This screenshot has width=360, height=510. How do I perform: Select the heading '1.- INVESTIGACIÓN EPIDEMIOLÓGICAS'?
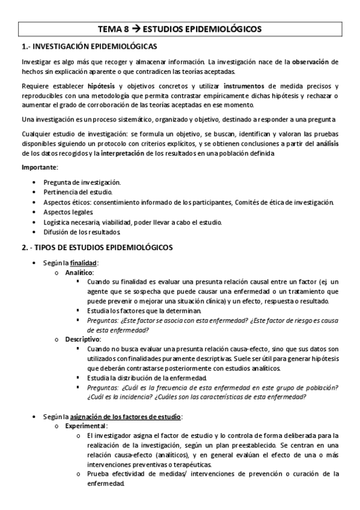pyautogui.click(x=89, y=46)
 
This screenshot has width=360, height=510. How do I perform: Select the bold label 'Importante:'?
pyautogui.click(x=40, y=167)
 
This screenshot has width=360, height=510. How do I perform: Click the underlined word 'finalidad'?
pyautogui.click(x=84, y=263)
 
